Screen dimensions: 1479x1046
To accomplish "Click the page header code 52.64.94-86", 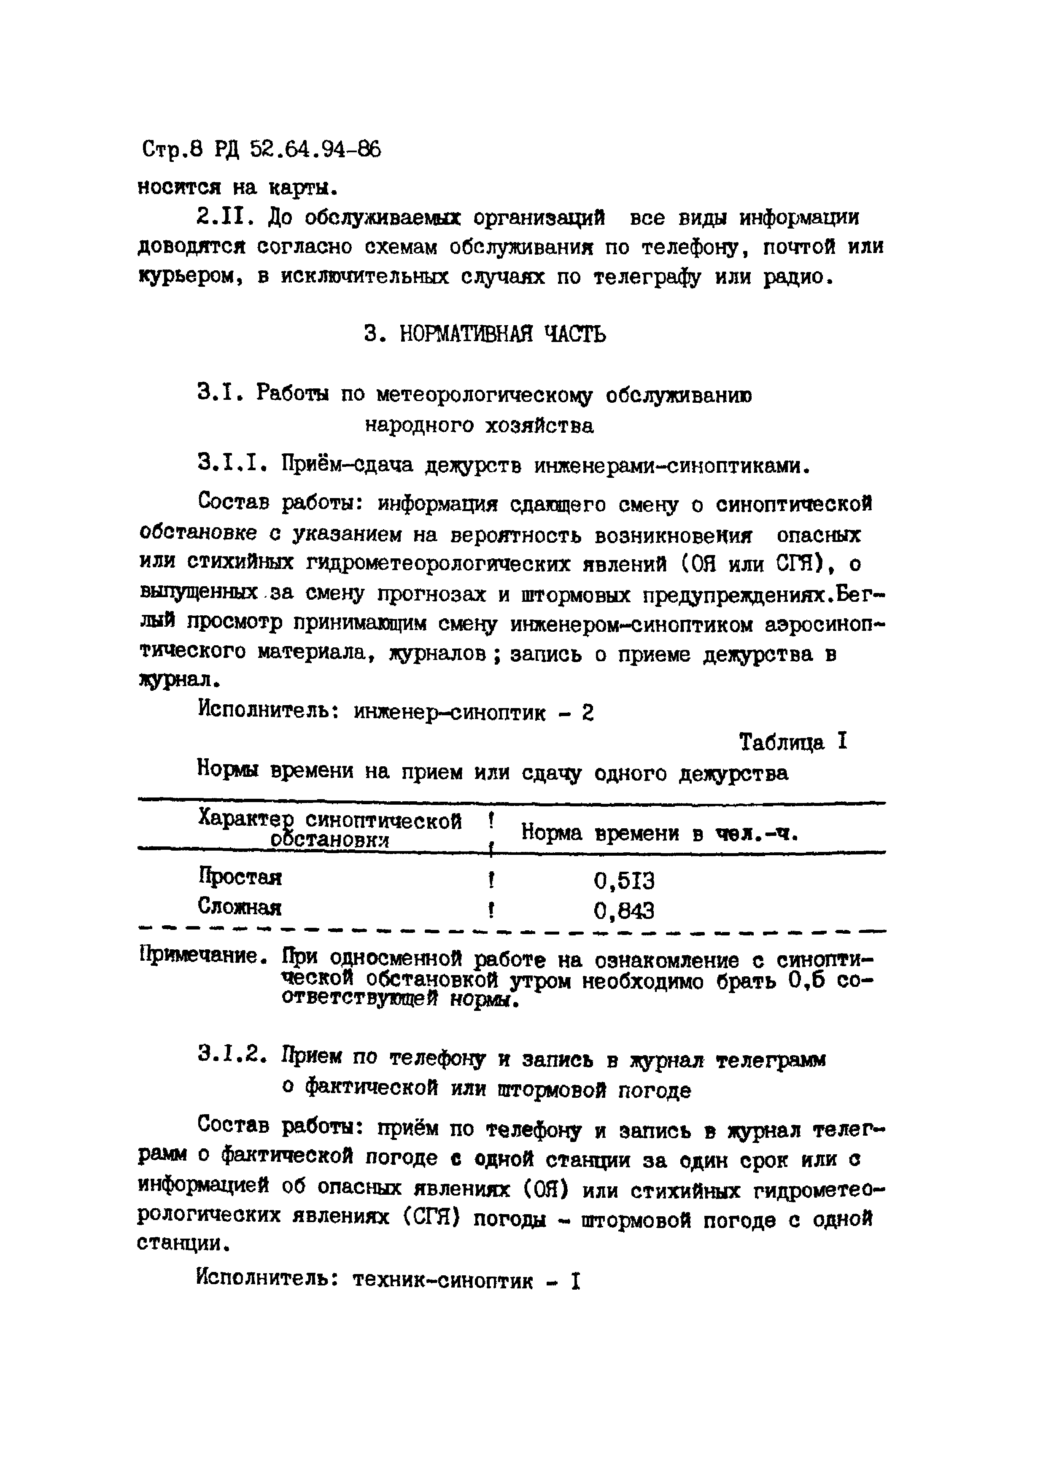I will coord(315,150).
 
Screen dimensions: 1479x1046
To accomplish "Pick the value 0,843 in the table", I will coord(623,910).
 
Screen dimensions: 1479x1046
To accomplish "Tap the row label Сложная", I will coord(240,907).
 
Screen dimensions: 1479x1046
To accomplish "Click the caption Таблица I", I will coord(793,742).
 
